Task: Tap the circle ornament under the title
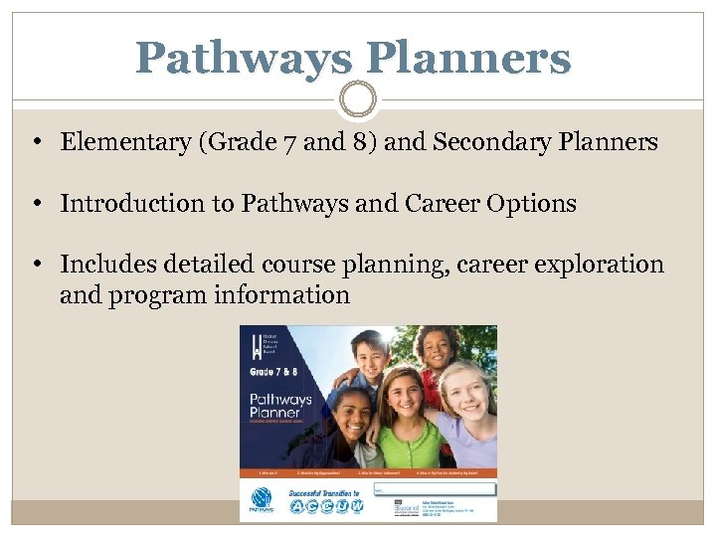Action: [x=358, y=99]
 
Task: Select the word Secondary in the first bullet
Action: [x=482, y=142]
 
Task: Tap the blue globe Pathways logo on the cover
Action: [x=260, y=501]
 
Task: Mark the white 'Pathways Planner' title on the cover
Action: [x=280, y=409]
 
